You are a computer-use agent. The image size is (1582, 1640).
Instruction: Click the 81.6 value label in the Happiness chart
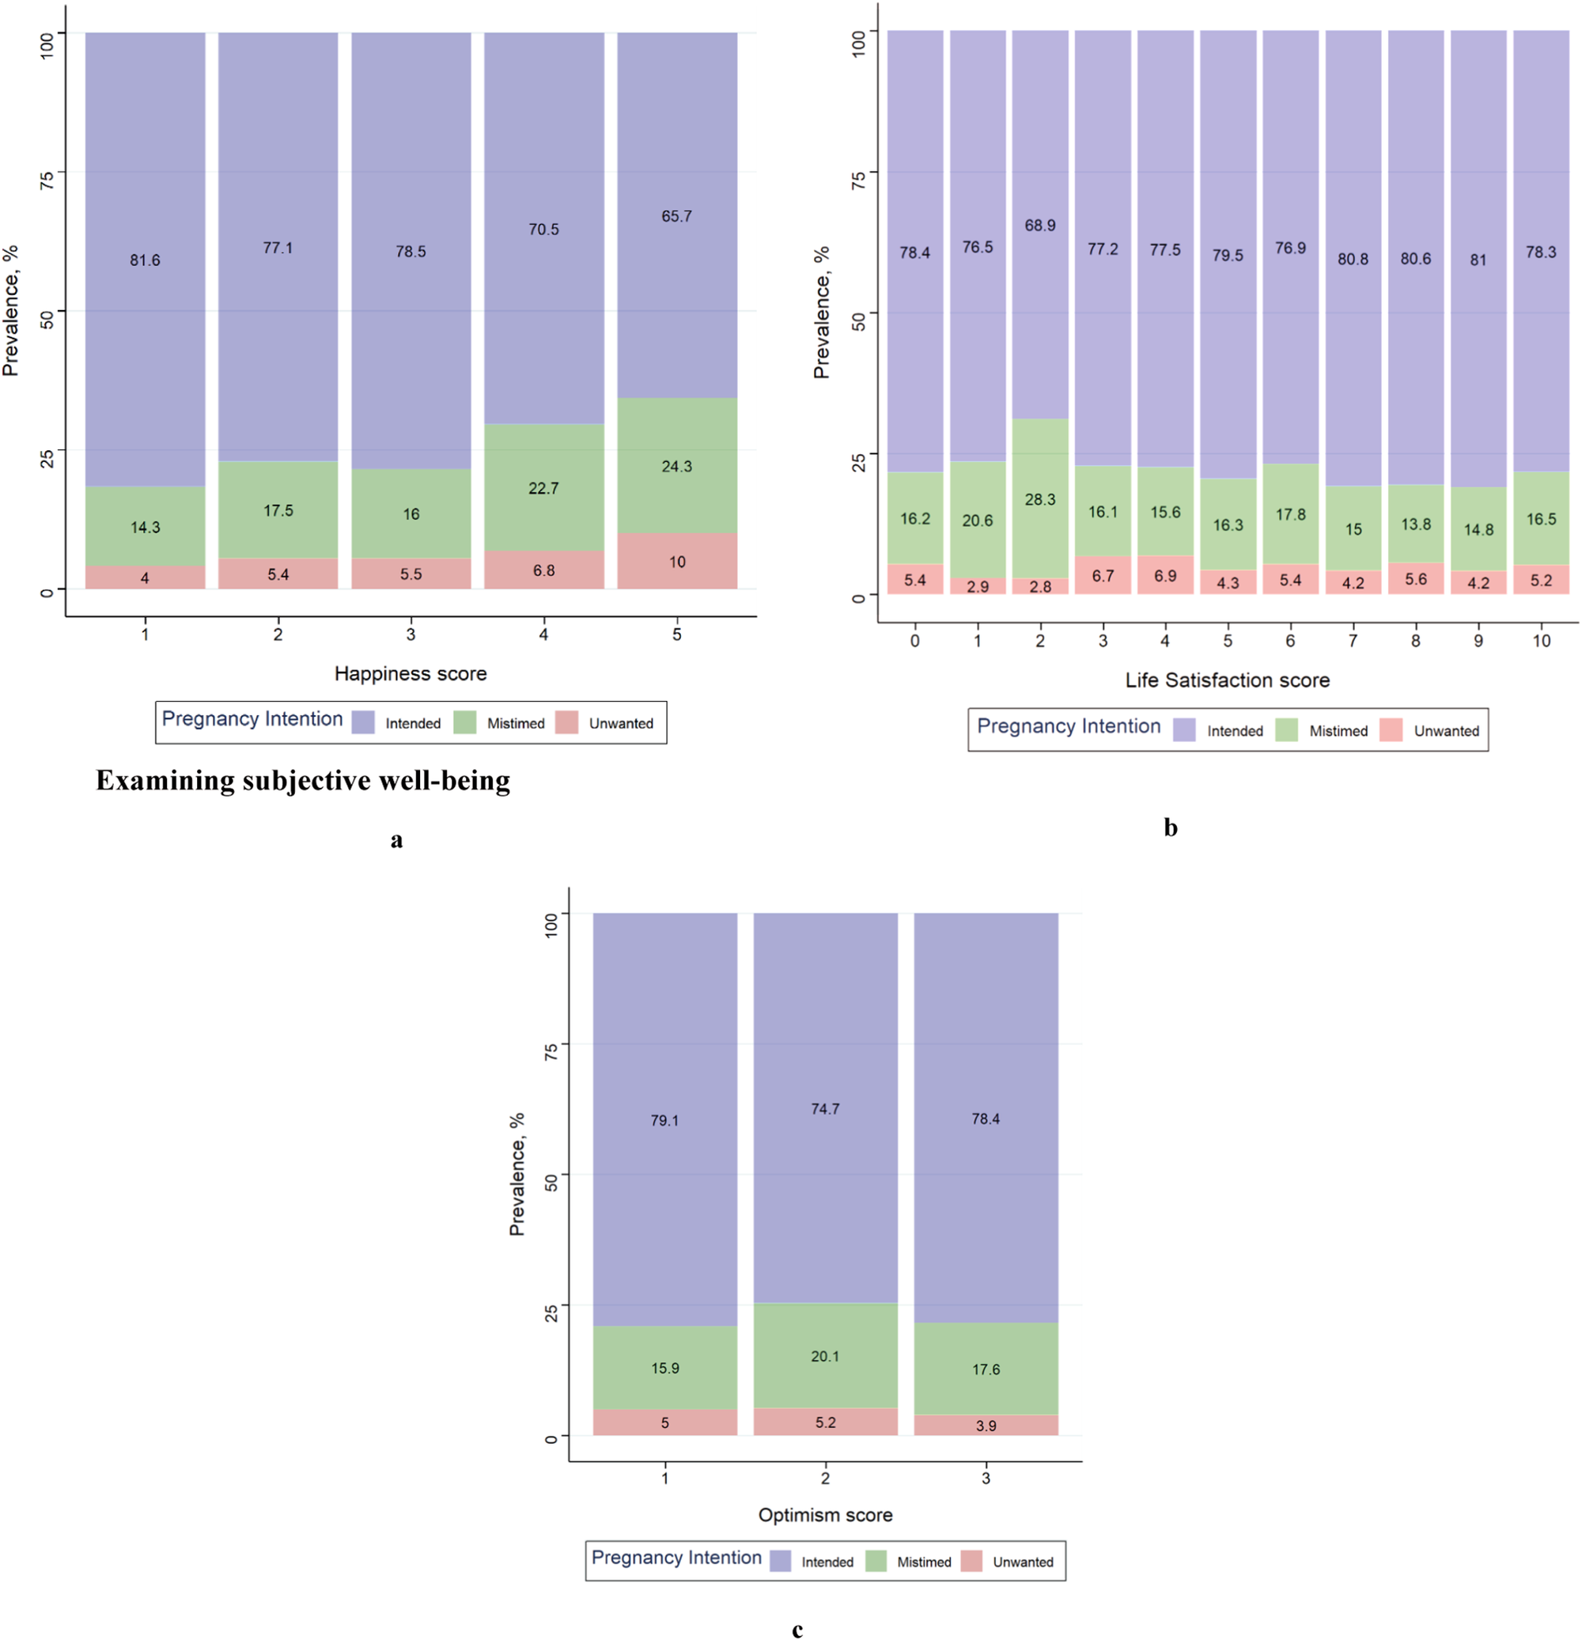(145, 260)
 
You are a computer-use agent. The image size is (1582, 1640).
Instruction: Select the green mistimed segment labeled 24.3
(676, 466)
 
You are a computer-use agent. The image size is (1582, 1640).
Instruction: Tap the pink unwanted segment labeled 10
(676, 562)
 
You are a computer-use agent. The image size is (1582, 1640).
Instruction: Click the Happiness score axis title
(410, 673)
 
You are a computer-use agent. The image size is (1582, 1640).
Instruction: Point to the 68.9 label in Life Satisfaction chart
(1039, 225)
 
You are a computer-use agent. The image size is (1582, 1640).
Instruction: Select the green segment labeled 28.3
(1039, 498)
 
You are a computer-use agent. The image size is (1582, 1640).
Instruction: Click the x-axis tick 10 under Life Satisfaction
(1541, 641)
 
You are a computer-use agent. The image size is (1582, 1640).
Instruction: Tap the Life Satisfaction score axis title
(1227, 680)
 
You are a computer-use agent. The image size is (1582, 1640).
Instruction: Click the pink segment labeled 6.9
(1164, 576)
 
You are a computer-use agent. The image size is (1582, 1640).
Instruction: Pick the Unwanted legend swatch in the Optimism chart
(971, 1562)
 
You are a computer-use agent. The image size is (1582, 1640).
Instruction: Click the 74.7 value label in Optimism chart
(825, 1108)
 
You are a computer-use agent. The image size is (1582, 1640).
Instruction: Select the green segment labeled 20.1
(825, 1355)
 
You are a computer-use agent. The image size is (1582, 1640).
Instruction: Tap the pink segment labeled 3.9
(986, 1425)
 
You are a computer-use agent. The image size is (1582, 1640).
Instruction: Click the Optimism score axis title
(825, 1514)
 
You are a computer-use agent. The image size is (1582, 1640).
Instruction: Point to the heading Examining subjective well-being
(303, 781)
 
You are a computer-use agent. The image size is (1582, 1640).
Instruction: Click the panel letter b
(1170, 828)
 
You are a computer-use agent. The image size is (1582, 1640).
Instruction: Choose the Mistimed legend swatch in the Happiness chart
(464, 723)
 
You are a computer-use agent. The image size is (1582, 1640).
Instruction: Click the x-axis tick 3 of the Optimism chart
(986, 1478)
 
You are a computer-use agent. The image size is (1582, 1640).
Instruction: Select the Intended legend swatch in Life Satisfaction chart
(1184, 730)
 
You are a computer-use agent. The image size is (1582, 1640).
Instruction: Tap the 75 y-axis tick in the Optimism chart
(551, 1053)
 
